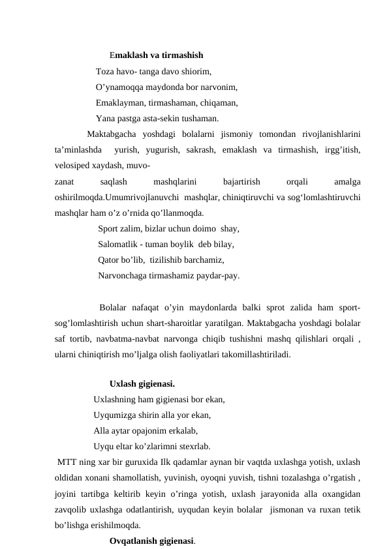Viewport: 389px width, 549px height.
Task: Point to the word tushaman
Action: [201, 118]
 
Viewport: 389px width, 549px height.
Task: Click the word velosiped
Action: [74, 166]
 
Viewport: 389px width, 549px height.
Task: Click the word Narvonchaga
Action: [123, 276]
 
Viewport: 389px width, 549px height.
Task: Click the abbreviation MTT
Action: [66, 462]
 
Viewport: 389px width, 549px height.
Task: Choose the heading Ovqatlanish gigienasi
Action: [153, 541]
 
